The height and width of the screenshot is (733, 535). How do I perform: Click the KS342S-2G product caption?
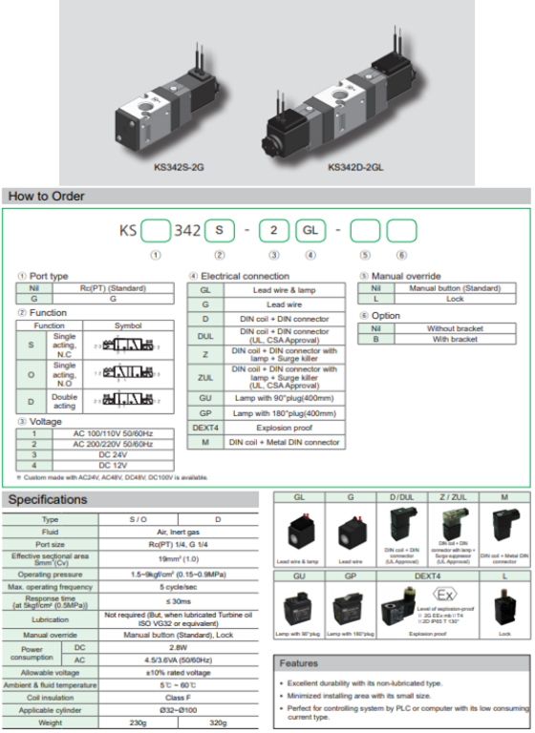click(x=180, y=167)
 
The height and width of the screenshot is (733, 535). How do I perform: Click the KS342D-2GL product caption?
click(x=355, y=167)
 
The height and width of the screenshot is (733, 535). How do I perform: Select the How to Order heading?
click(x=47, y=197)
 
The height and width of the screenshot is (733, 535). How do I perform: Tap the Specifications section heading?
click(x=49, y=499)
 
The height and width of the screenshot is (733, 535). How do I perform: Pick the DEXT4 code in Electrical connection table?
click(x=206, y=428)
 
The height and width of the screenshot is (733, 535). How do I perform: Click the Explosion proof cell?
click(x=284, y=428)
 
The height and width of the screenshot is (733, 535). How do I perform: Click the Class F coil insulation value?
click(x=182, y=697)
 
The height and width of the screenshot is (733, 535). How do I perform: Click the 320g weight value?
click(x=221, y=722)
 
